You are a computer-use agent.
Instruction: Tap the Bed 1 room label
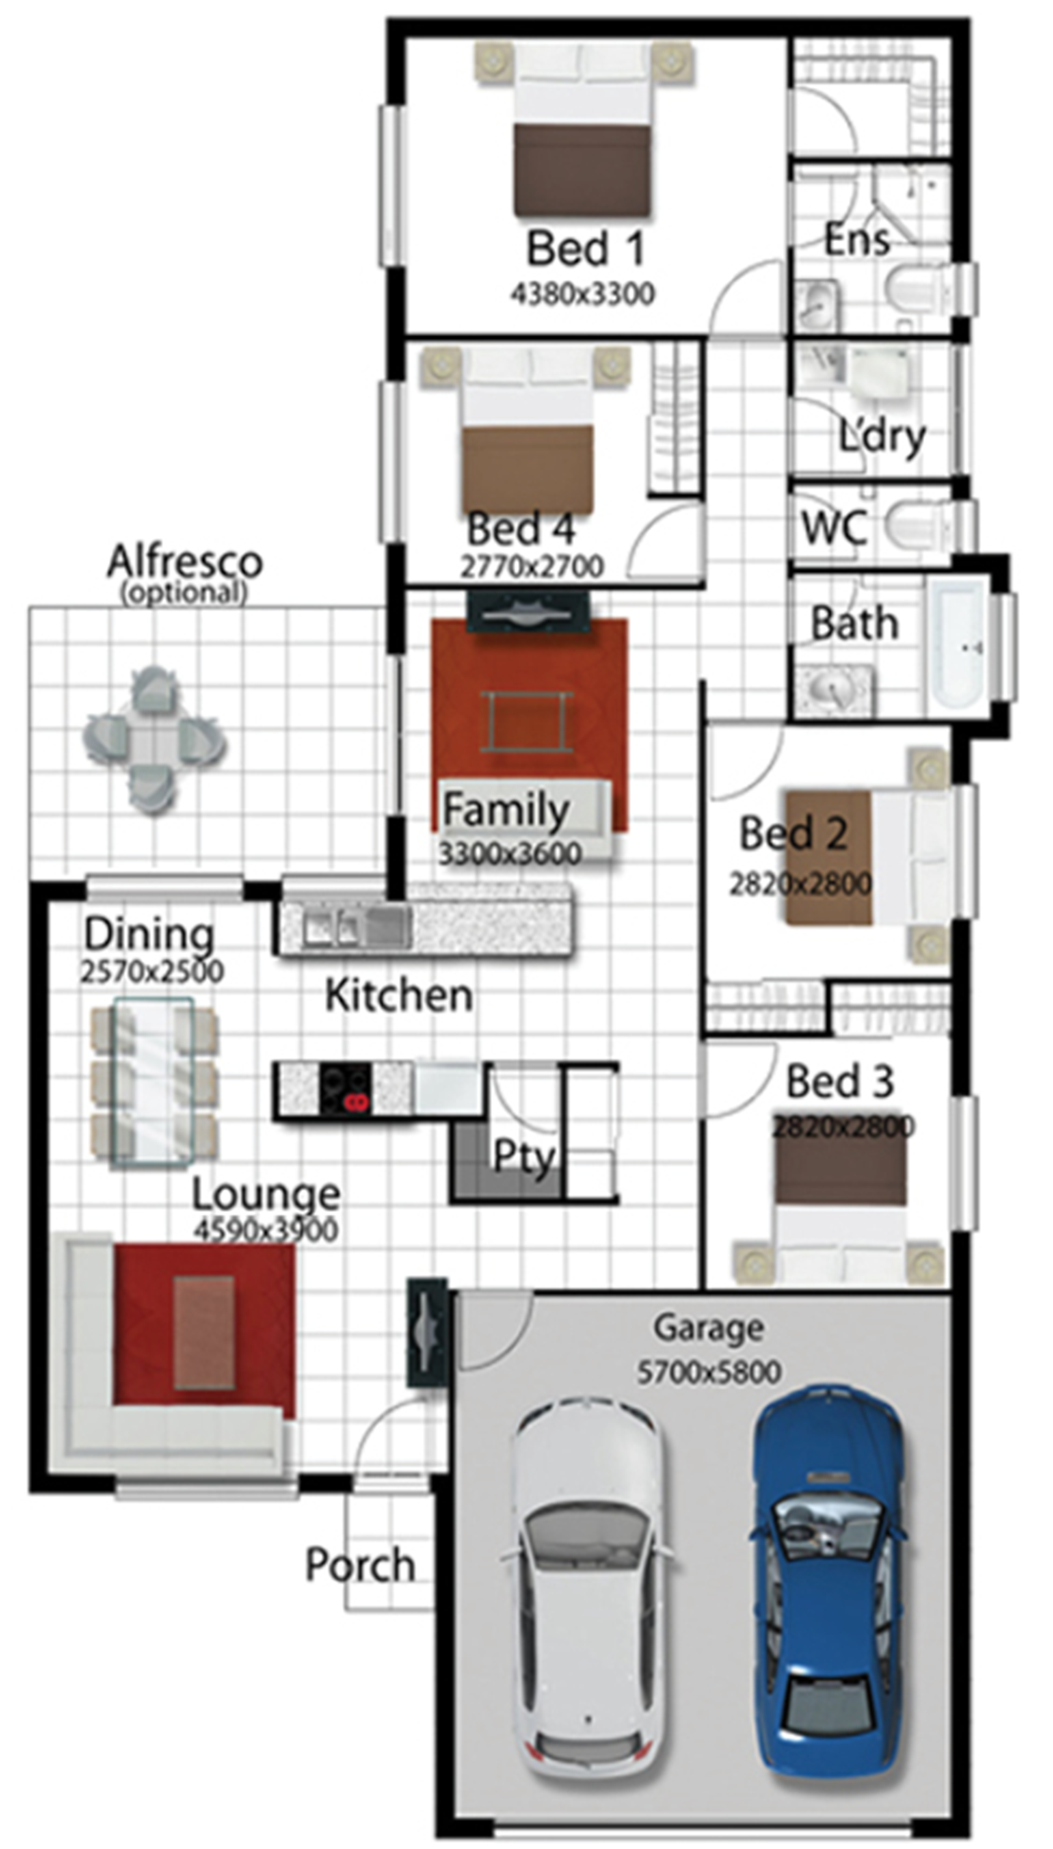(x=586, y=249)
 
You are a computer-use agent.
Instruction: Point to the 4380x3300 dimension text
(x=583, y=294)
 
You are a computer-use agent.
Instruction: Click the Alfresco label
(x=185, y=562)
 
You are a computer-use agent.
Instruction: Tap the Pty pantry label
(x=524, y=1157)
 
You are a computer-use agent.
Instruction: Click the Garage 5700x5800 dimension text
(x=709, y=1372)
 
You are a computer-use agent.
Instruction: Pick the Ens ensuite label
(x=857, y=239)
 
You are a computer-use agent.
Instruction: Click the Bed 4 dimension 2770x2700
(x=532, y=566)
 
